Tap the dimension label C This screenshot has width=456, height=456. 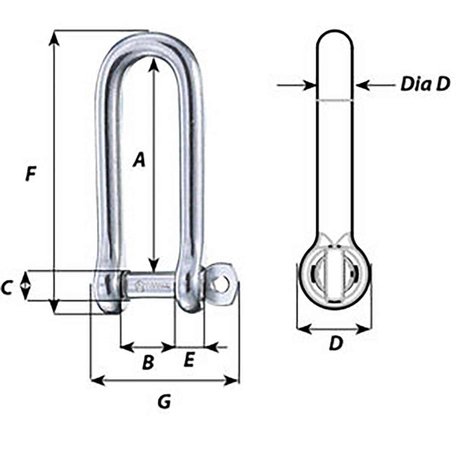[7, 288]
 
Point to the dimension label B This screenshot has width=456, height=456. [147, 363]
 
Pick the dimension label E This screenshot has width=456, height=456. [189, 360]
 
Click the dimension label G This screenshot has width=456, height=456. [164, 401]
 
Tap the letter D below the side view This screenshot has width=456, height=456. [335, 344]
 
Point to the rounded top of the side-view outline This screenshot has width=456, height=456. [335, 33]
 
